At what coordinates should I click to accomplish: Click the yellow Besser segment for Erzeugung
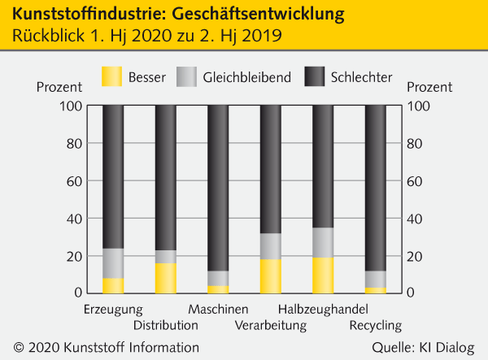point(113,285)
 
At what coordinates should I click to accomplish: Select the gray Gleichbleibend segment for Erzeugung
point(113,263)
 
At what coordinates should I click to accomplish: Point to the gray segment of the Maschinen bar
point(218,278)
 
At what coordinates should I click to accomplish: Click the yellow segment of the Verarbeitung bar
point(271,276)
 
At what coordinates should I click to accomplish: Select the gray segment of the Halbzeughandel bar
point(323,242)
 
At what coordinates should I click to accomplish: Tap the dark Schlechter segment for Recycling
point(376,188)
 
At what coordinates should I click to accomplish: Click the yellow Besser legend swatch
point(111,77)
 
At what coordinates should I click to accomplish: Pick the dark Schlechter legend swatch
point(316,77)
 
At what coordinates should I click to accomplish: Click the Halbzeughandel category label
point(323,310)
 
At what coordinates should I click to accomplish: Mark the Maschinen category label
point(218,310)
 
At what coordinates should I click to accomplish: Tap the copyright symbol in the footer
point(20,348)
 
